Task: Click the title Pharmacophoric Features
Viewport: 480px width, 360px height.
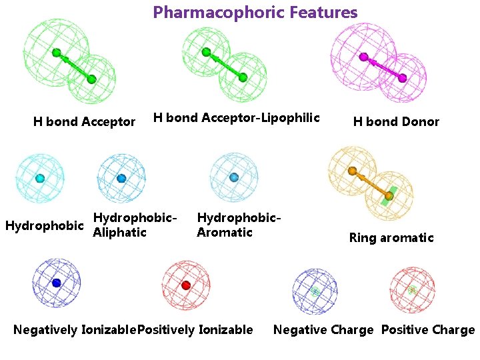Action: [255, 13]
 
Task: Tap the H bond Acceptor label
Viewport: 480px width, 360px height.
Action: [84, 122]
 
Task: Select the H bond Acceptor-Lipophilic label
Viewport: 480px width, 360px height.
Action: [237, 118]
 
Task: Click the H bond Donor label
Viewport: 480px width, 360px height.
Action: [396, 122]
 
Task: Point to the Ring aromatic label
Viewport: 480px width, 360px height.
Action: [391, 238]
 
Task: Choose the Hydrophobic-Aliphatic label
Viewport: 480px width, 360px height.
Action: [135, 225]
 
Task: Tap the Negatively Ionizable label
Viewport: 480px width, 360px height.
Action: [74, 330]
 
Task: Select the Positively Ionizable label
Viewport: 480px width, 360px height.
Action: [195, 330]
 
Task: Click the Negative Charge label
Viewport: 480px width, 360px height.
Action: [323, 330]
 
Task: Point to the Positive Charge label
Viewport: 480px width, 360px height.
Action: [427, 330]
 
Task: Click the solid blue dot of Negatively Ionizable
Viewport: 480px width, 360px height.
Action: [56, 283]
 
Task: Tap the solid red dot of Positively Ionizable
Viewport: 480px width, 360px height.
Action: [186, 285]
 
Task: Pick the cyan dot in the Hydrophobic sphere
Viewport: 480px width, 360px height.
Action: [40, 178]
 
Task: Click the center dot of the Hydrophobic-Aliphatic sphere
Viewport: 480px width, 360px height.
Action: [121, 179]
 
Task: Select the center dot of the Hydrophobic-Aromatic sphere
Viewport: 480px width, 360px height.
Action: [234, 177]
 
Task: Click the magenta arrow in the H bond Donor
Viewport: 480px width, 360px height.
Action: [383, 67]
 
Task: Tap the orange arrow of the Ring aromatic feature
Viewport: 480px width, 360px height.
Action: [370, 183]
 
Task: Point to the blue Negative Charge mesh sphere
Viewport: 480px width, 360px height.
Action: [315, 291]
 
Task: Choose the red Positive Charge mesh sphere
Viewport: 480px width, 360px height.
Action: [413, 289]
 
